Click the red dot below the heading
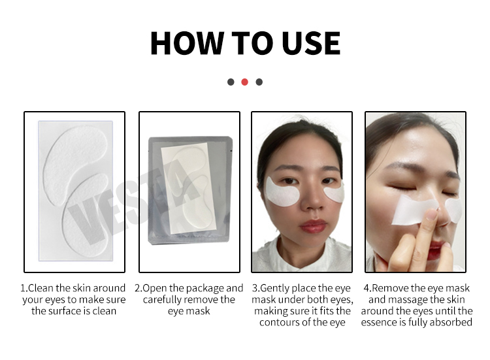pyautogui.click(x=245, y=82)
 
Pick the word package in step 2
pyautogui.click(x=202, y=288)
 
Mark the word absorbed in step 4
pyautogui.click(x=451, y=323)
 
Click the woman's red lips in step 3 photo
pyautogui.click(x=302, y=227)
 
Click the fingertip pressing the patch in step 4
pyautogui.click(x=431, y=216)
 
